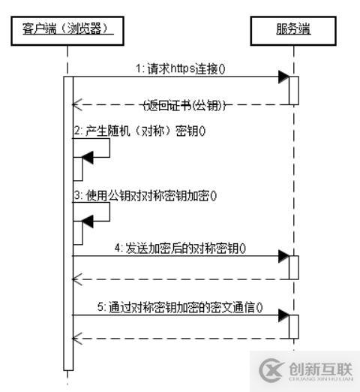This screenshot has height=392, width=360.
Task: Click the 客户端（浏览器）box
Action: click(x=68, y=29)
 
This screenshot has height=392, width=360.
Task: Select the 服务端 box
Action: click(x=292, y=29)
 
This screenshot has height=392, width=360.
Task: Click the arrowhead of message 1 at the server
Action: click(x=283, y=76)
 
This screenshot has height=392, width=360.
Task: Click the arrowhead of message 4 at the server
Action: click(x=283, y=256)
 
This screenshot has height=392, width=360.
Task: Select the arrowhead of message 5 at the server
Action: click(x=283, y=317)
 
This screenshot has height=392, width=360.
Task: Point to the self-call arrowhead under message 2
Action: click(x=88, y=157)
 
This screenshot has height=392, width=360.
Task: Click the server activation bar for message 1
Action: click(x=294, y=89)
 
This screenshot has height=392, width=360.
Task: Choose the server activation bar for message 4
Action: click(x=294, y=267)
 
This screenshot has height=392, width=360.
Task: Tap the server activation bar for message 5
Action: click(x=294, y=327)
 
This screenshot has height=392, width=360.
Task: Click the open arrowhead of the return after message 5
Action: click(x=76, y=338)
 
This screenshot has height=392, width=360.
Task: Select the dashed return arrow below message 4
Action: click(x=180, y=279)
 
